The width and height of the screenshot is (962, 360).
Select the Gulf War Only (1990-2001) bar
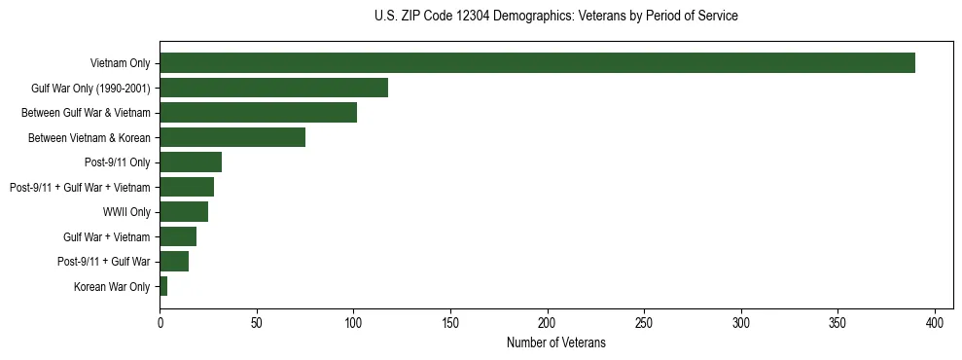(273, 88)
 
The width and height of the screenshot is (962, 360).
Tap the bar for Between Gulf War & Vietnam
(258, 113)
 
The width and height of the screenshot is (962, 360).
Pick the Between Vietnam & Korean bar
(232, 137)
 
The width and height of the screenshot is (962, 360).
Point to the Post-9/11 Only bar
(191, 162)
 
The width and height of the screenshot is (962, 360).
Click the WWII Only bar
(184, 212)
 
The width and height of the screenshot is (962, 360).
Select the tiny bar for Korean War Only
(163, 286)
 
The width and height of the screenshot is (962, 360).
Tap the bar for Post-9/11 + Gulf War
(174, 262)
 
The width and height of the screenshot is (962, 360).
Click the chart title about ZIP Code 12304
(555, 17)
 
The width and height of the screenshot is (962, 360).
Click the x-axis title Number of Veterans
(555, 343)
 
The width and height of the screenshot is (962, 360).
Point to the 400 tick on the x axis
(935, 322)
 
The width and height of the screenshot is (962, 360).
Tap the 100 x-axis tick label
(353, 322)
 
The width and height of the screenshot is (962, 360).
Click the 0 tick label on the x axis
(160, 322)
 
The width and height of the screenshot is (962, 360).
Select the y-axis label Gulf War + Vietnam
(107, 237)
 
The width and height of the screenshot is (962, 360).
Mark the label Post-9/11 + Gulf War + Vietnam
(80, 188)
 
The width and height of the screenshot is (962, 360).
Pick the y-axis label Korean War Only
(112, 287)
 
